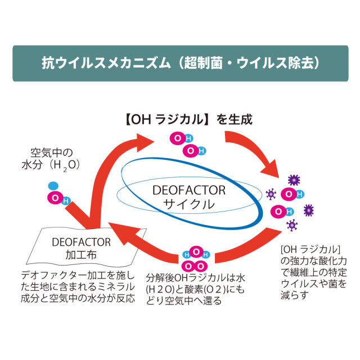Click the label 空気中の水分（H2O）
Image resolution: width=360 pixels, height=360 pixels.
point(54,159)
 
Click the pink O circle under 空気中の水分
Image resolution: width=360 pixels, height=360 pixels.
point(55,198)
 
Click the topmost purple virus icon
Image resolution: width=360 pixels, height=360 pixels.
point(292,180)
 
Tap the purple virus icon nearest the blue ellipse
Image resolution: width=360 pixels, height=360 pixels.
point(271,194)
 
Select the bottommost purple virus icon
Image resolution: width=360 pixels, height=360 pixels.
point(291,226)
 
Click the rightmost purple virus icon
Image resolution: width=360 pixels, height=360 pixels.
point(308,210)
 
